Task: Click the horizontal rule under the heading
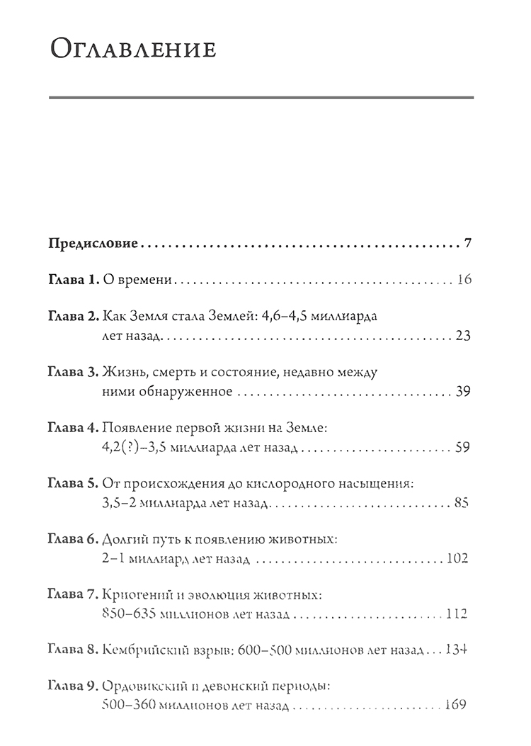coord(261,96)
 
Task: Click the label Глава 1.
coord(72,281)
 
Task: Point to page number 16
coord(464,281)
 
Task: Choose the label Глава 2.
coord(72,315)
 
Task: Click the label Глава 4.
coord(72,428)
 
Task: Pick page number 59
coord(464,448)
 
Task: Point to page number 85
coord(464,504)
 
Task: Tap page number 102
coord(459,560)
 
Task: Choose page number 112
coord(459,615)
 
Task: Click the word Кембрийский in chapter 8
coord(144,650)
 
